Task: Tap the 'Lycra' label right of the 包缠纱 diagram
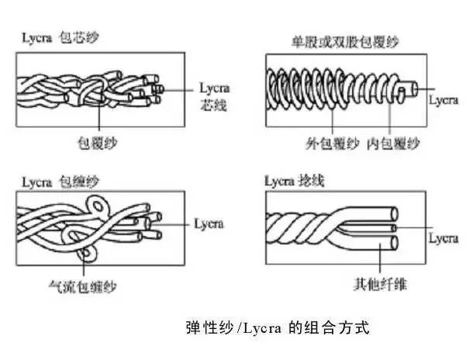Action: [206, 223]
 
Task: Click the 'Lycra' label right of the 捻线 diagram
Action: [444, 237]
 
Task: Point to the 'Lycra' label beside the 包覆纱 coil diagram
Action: [444, 101]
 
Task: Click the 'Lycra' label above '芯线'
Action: [214, 88]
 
